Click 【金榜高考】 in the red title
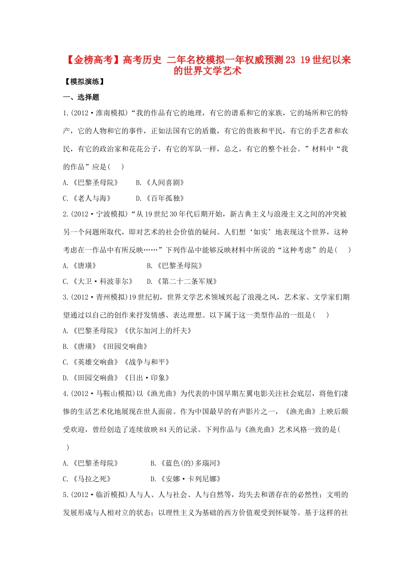(92, 60)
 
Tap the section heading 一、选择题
(81, 97)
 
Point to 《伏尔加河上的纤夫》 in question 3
(158, 331)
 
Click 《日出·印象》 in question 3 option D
(147, 378)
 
